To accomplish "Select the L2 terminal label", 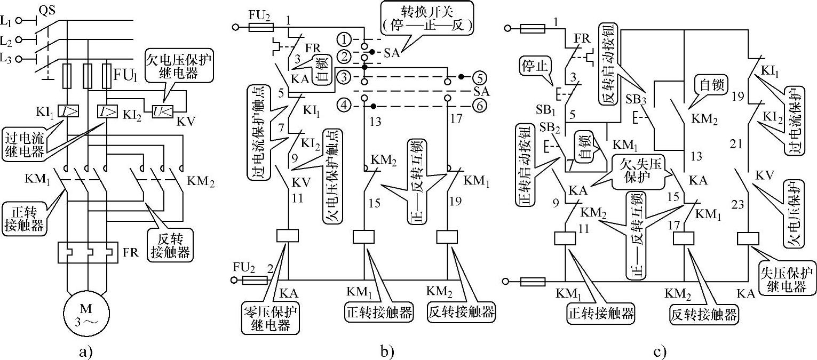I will coord(7,40).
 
